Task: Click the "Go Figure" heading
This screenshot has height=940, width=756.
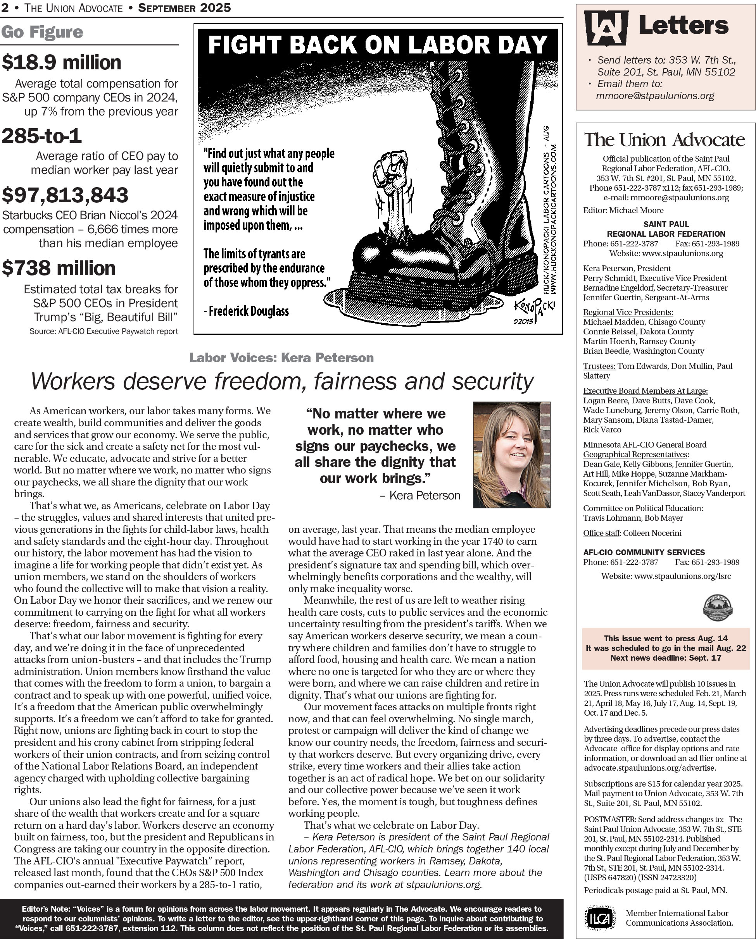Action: click(x=42, y=32)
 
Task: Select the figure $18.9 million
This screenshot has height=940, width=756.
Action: click(x=62, y=62)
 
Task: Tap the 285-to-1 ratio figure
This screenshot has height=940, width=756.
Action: click(x=41, y=136)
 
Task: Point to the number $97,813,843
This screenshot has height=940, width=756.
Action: click(x=65, y=195)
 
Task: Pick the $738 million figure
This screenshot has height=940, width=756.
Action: click(x=59, y=268)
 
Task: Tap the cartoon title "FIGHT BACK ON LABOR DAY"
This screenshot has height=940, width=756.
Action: click(x=377, y=45)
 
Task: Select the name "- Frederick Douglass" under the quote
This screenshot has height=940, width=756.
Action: click(x=246, y=311)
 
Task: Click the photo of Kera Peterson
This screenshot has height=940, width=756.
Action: click(x=511, y=455)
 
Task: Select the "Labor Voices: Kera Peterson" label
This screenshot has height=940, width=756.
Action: click(x=281, y=358)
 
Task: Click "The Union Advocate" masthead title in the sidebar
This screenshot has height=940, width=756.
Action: click(x=665, y=140)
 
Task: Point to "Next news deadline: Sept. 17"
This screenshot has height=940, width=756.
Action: click(x=666, y=658)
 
